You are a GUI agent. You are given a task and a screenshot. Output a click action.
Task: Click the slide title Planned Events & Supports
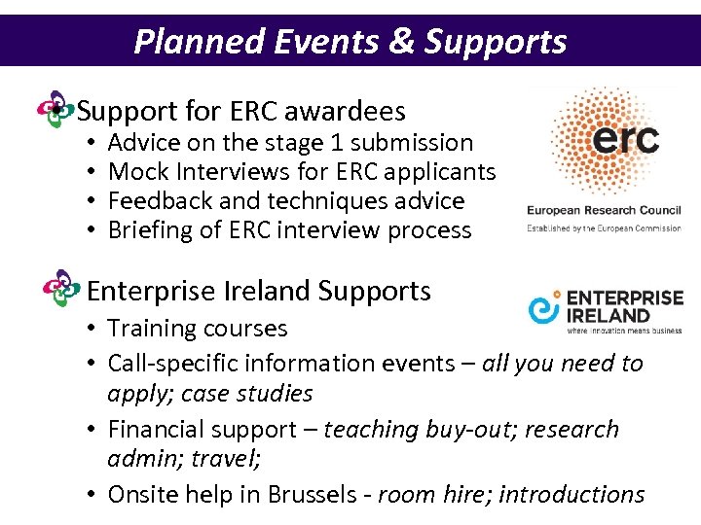coord(350,41)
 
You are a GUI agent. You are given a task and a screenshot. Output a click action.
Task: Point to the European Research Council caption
coord(604,210)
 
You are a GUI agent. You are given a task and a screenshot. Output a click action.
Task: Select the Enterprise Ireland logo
coord(605,310)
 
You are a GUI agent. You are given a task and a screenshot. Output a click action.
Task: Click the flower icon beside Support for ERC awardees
coord(55,110)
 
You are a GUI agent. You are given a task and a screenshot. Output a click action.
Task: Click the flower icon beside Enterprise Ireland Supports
coord(62,289)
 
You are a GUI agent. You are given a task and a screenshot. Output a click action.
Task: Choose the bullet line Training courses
coord(198,329)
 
